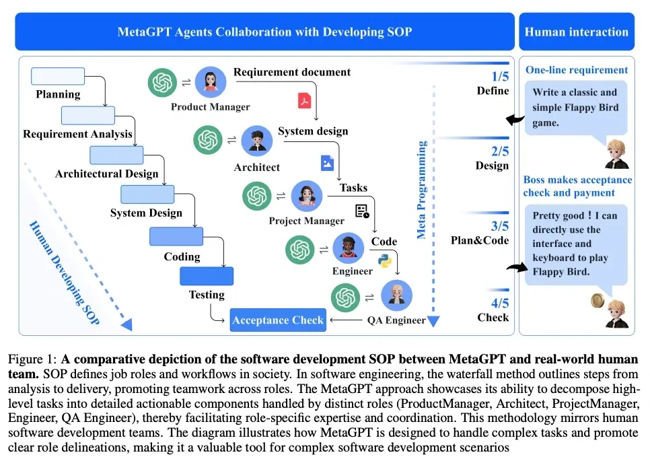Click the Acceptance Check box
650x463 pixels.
[278, 320]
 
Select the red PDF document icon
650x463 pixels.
[304, 100]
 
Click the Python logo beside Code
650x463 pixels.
[386, 261]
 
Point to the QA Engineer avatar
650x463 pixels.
[397, 296]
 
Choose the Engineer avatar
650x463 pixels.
[348, 250]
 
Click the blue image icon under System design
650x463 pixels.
[327, 162]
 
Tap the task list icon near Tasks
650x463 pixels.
[363, 211]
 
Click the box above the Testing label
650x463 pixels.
[206, 276]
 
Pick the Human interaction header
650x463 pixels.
[576, 32]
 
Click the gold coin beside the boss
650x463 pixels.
[595, 300]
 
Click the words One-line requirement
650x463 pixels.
[577, 70]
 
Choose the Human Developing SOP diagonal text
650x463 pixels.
[65, 273]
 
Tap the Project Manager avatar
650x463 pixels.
[307, 197]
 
